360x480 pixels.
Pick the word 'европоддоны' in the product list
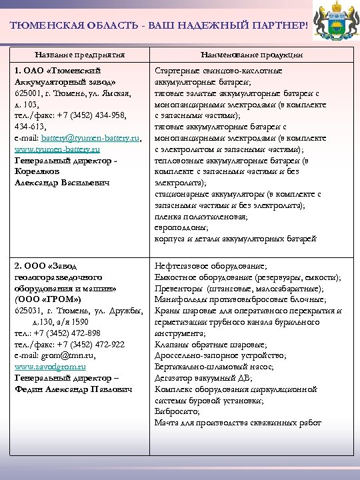179,227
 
